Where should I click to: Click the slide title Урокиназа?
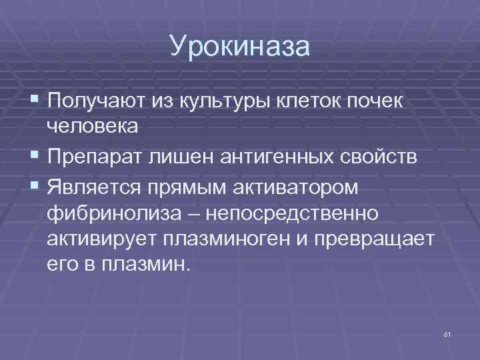point(240,47)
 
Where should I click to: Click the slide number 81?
point(447,333)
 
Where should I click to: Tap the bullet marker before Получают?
point(35,101)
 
